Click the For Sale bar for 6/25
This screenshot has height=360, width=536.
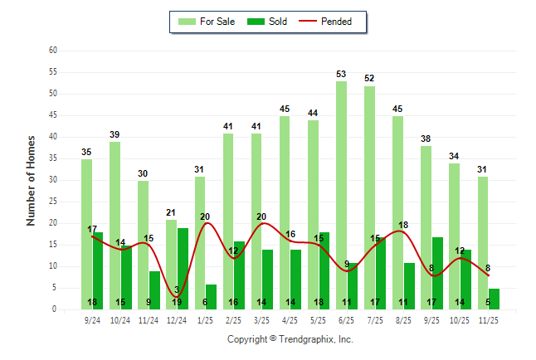point(341,195)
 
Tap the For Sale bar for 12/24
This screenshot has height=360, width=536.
point(171,264)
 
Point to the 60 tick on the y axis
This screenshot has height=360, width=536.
point(52,51)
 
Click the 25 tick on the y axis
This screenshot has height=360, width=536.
point(52,202)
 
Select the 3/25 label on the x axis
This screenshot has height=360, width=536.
point(262,319)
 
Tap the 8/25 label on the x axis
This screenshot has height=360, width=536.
point(403,319)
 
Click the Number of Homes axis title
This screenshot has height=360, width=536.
point(31,180)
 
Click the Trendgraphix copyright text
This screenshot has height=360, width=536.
point(290,339)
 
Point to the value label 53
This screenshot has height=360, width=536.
point(341,75)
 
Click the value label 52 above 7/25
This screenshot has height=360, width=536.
point(369,79)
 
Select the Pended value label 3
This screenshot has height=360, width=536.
point(178,289)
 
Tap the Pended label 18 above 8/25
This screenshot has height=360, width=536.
point(404,226)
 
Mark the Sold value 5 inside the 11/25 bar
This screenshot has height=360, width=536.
point(488,303)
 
